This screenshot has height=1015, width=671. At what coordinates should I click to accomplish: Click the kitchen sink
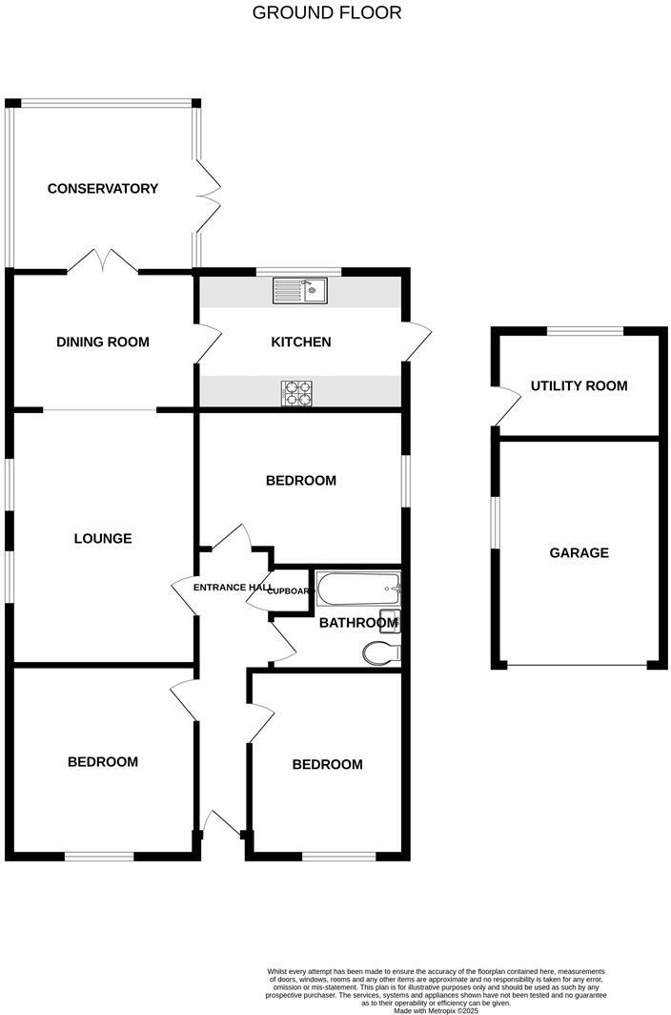(299, 290)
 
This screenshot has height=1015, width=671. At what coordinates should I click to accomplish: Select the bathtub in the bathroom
(358, 590)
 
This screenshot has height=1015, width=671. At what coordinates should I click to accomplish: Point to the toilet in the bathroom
(381, 652)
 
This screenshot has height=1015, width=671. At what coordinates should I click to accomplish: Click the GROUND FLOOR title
(327, 12)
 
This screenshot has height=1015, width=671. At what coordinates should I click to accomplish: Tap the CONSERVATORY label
(103, 189)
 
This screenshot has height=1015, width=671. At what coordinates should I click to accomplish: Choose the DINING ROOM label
(103, 342)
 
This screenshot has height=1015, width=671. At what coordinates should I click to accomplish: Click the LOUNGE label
(103, 538)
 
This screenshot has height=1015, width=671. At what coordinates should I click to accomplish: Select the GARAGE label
(579, 552)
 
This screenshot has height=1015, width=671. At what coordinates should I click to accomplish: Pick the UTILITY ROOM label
(579, 385)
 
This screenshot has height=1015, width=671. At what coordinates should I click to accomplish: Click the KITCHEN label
(301, 342)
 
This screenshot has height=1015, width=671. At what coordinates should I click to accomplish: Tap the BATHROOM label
(356, 623)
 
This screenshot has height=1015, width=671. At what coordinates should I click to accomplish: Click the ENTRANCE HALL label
(233, 587)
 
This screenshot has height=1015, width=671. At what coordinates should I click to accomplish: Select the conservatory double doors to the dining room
(103, 260)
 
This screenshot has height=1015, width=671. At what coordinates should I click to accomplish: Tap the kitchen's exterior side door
(417, 342)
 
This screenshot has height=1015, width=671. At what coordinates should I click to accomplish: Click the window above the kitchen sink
(298, 272)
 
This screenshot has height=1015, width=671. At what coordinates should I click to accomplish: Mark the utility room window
(585, 331)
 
